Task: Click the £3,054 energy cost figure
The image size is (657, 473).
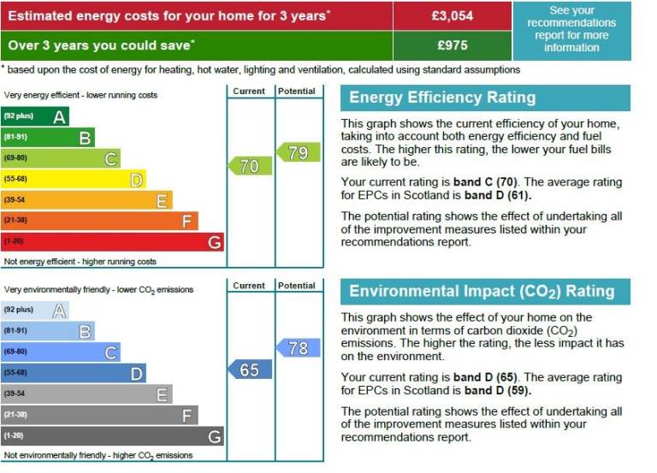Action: pos(453,15)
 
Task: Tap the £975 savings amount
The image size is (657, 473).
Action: pos(453,44)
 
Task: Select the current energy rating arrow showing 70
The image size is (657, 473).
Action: pos(249,166)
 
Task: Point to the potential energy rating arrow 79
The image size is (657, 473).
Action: pos(298,153)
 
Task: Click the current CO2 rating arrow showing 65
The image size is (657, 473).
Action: pos(249,370)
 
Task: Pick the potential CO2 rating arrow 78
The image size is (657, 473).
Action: pos(298,348)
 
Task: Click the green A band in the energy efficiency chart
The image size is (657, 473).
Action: pos(35,116)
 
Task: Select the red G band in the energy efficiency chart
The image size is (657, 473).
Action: pos(112,242)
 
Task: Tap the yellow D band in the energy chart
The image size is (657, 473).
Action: pos(74,179)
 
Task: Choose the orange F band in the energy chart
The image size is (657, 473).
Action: pos(99,221)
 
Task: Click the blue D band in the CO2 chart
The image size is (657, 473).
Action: pos(74,373)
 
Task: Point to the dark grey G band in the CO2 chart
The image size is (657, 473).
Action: pos(112,436)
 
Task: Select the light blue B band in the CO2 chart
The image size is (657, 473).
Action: pos(48,331)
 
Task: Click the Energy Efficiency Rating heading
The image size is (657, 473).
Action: pos(442,98)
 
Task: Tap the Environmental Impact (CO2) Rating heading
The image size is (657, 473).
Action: pos(482,292)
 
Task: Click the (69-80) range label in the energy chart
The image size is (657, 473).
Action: pos(15,158)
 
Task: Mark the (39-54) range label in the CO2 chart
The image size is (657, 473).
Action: pos(15,393)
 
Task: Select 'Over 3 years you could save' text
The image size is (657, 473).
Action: pos(101,44)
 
